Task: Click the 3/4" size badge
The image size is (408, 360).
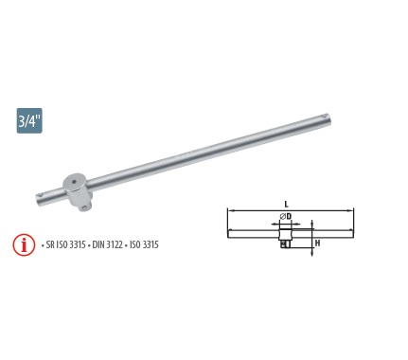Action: tap(29, 120)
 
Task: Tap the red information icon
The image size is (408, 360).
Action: tap(24, 245)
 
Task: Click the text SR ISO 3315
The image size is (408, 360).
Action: tap(66, 244)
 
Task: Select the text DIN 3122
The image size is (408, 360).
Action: tap(107, 244)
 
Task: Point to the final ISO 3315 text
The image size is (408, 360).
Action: tap(144, 244)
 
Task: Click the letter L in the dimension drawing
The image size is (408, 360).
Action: tap(287, 205)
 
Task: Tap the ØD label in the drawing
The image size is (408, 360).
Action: tap(286, 216)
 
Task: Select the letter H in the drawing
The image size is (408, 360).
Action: tap(318, 243)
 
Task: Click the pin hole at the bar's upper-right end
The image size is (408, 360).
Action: tap(326, 117)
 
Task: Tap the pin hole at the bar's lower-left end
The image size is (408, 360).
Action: tap(41, 196)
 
